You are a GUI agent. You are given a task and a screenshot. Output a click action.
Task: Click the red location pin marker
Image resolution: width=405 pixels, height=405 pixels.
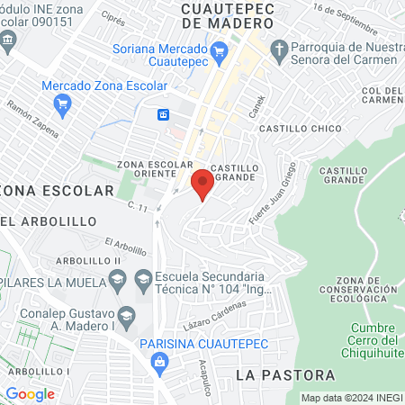tap(202, 184)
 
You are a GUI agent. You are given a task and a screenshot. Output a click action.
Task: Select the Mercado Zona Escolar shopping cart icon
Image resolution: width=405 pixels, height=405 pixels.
tap(62, 105)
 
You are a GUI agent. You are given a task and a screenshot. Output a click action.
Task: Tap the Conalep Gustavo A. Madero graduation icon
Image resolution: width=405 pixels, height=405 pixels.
tap(127, 316)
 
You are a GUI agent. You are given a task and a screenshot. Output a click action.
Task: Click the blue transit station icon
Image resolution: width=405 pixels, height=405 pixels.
tap(164, 114)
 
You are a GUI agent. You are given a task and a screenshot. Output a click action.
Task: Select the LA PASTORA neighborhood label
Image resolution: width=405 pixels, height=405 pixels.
tap(284, 374)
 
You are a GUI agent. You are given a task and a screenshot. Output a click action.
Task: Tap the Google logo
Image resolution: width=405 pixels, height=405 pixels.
tap(30, 393)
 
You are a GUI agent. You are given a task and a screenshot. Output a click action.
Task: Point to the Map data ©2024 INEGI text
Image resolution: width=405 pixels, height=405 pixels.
tap(351, 398)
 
